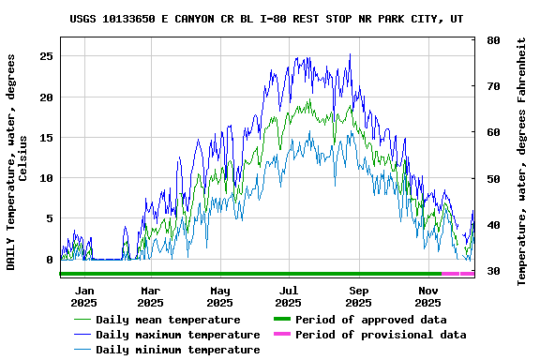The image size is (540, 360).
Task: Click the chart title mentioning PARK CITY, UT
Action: tap(266, 19)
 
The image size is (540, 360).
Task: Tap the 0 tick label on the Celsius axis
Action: tap(49, 260)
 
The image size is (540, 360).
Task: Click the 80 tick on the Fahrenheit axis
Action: tap(493, 41)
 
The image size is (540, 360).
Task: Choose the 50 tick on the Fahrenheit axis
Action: tap(493, 179)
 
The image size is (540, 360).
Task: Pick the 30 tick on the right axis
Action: tap(493, 272)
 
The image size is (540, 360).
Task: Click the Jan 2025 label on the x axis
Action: tap(84, 296)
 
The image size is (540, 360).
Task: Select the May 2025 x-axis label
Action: tap(219, 296)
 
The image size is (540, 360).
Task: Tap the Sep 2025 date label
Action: tap(358, 296)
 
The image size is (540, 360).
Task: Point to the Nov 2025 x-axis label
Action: tap(427, 296)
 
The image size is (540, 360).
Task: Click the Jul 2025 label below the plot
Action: tap(289, 296)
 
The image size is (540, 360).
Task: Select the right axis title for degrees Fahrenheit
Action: tap(521, 161)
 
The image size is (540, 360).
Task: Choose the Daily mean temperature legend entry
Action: tap(168, 320)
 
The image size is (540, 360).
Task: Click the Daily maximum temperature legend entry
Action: tap(177, 335)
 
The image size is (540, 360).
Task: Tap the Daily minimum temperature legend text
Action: tap(177, 350)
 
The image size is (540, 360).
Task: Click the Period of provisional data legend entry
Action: tap(380, 335)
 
